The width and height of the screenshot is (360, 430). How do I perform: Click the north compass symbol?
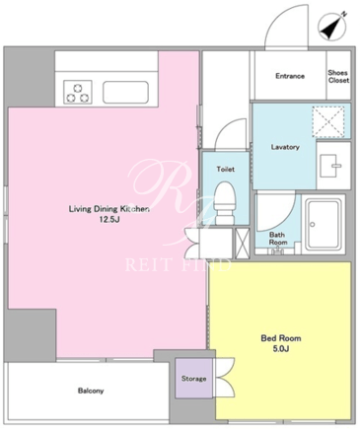coord(332,28)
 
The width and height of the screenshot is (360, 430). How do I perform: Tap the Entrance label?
coord(290,76)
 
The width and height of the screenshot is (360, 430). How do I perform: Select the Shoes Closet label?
coord(338,76)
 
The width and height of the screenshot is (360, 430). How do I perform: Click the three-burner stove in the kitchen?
coord(78,93)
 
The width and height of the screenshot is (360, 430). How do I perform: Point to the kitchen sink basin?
coord(125,93)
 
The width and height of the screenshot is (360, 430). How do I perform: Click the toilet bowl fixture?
coord(225,203)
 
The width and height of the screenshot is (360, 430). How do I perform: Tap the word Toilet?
coord(226,169)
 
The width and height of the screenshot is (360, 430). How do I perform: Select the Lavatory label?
coord(285,147)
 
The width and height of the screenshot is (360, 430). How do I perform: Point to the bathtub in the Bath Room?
coord(324,225)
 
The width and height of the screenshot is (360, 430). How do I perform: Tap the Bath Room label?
coord(278,239)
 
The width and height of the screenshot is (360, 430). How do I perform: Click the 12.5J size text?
coord(109,220)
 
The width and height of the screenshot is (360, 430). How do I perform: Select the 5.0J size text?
coord(281,349)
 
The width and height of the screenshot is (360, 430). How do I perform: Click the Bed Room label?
coord(281,338)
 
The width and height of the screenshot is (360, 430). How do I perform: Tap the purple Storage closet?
coord(194,379)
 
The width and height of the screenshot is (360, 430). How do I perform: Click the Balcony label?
coord(91,391)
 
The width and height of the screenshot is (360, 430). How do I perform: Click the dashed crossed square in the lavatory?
coord(328,122)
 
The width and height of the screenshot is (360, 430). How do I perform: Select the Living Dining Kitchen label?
coord(109,209)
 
